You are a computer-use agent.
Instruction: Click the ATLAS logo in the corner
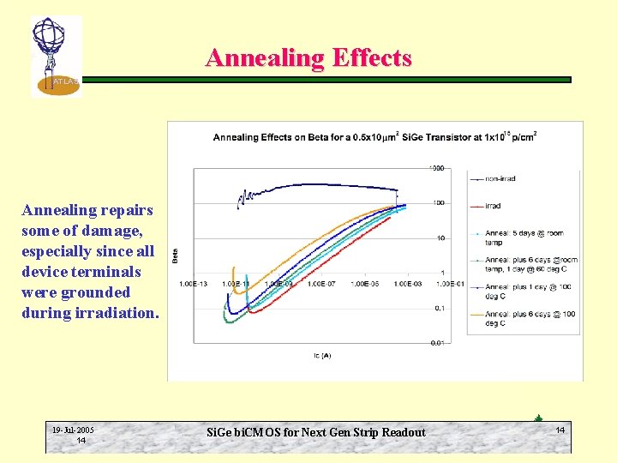pyautogui.click(x=55, y=57)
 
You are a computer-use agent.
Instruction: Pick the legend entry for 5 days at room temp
pyautogui.click(x=524, y=237)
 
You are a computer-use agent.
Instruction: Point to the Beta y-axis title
pyautogui.click(x=176, y=255)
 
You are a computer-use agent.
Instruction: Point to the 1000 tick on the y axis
pyautogui.click(x=437, y=168)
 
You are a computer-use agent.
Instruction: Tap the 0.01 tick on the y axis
pyautogui.click(x=437, y=343)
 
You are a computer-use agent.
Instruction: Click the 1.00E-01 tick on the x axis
pyautogui.click(x=451, y=283)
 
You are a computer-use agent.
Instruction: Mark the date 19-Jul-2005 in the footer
pyautogui.click(x=73, y=430)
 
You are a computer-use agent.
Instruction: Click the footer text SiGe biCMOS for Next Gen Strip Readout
pyautogui.click(x=316, y=432)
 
